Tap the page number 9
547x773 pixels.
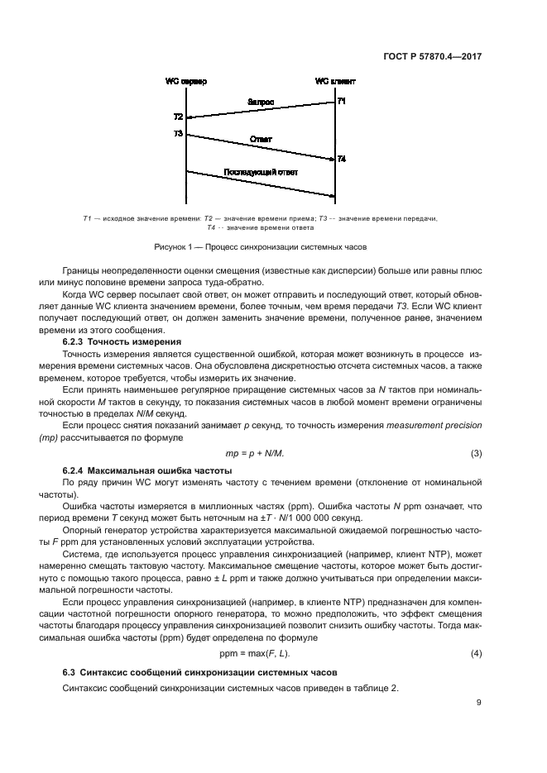[x=479, y=703]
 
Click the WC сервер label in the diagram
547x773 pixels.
[x=186, y=82]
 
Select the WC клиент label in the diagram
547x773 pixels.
[x=334, y=82]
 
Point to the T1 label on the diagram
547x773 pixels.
[x=342, y=101]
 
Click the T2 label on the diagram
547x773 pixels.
[x=178, y=117]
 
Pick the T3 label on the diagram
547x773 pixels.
[x=178, y=133]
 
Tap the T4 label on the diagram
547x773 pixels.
[x=342, y=159]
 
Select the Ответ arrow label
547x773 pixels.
[x=261, y=140]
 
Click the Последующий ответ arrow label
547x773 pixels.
[x=261, y=172]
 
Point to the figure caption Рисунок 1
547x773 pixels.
[x=260, y=247]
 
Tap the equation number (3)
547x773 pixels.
[x=476, y=454]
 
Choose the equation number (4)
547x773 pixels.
[x=476, y=654]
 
